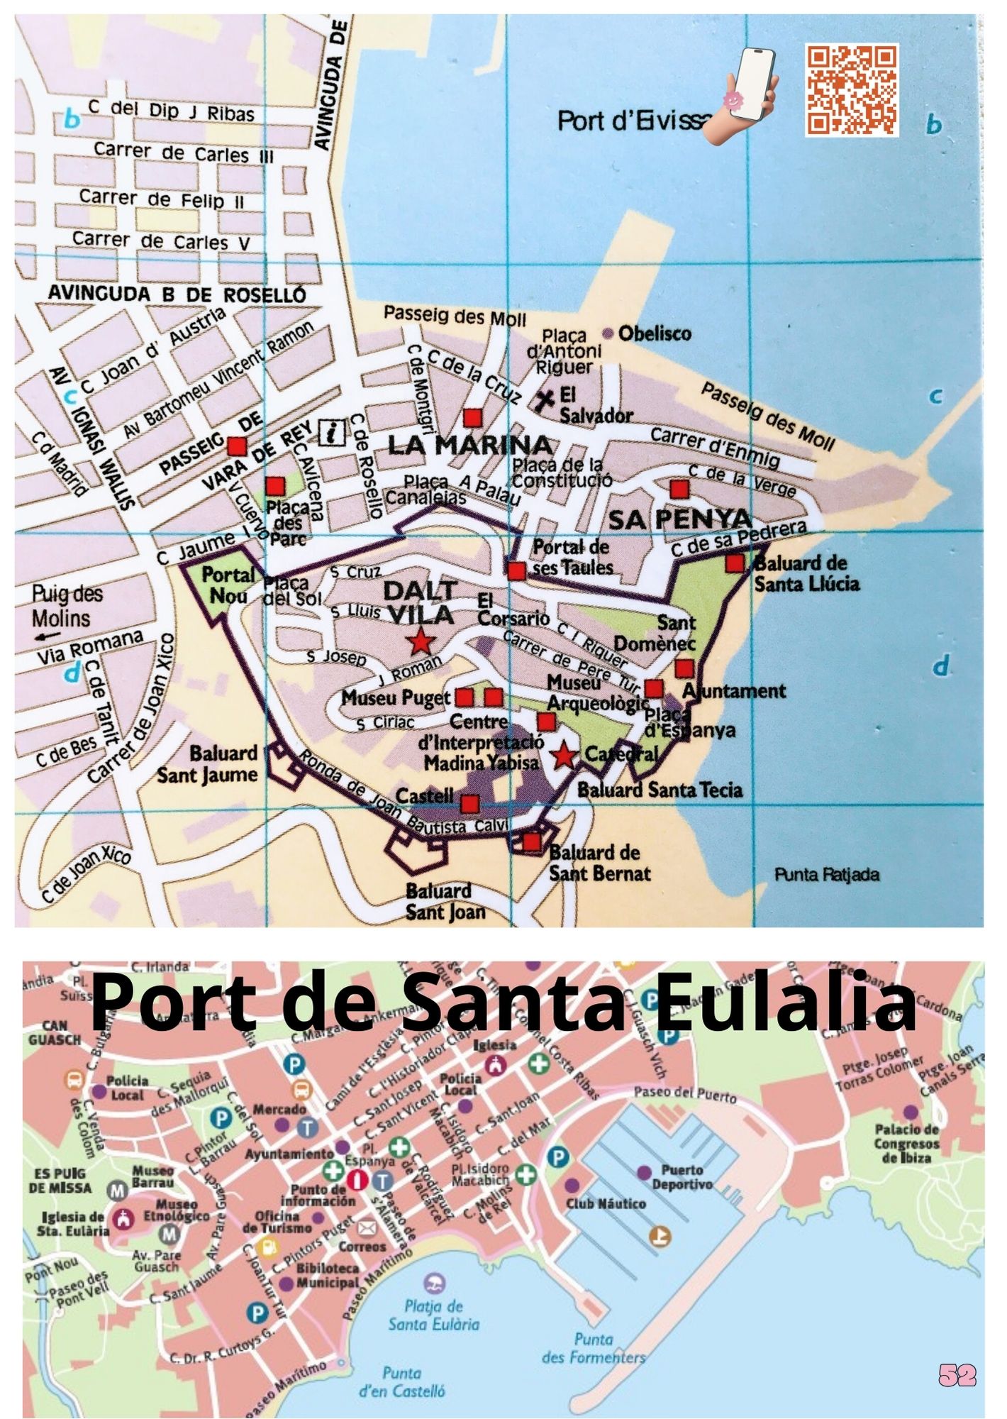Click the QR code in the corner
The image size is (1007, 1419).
(852, 89)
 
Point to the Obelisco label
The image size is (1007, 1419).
(654, 333)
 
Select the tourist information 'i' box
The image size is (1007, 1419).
(332, 431)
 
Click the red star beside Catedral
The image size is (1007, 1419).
(564, 756)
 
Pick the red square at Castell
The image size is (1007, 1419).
(469, 804)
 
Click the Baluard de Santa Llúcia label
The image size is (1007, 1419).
(806, 574)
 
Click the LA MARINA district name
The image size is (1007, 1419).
(469, 446)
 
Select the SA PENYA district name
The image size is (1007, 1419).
(679, 519)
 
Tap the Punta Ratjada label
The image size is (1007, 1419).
(826, 875)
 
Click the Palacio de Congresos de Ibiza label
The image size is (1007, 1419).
(906, 1143)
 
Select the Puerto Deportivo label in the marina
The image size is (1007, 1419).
(682, 1177)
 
